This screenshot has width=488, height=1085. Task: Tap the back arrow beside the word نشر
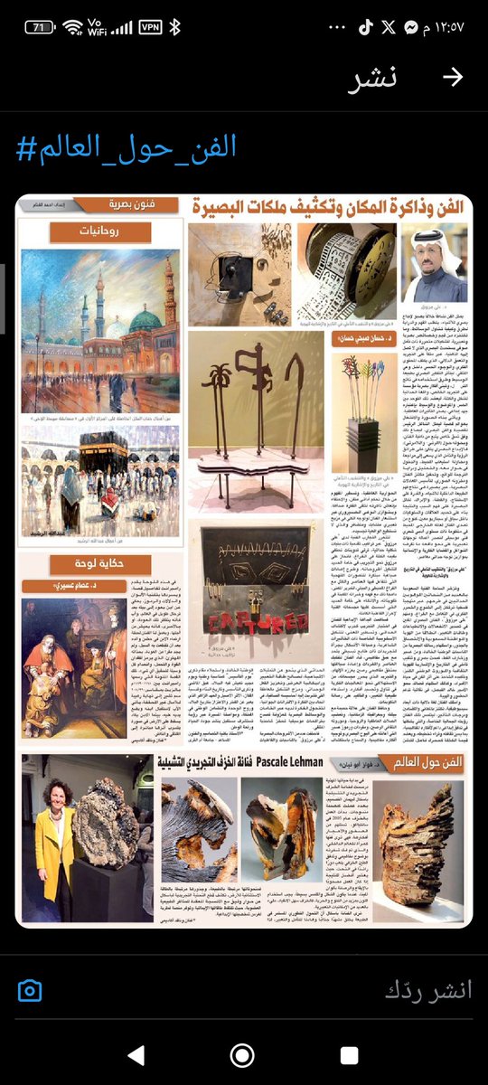click(x=453, y=77)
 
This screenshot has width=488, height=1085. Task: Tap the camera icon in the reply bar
click(x=30, y=989)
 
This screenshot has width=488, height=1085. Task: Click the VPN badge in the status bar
click(x=150, y=27)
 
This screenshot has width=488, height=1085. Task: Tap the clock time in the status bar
click(x=443, y=27)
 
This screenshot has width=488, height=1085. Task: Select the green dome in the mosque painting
click(x=145, y=319)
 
